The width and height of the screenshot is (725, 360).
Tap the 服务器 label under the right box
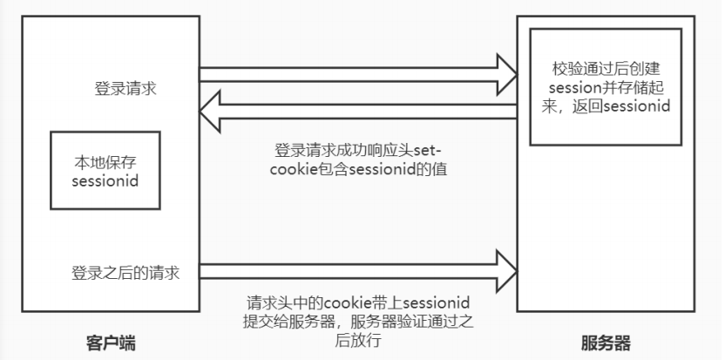(605, 342)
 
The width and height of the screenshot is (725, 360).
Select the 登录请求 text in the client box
(125, 89)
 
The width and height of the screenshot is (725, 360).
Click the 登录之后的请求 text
(125, 271)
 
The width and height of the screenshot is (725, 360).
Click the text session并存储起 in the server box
(604, 86)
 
